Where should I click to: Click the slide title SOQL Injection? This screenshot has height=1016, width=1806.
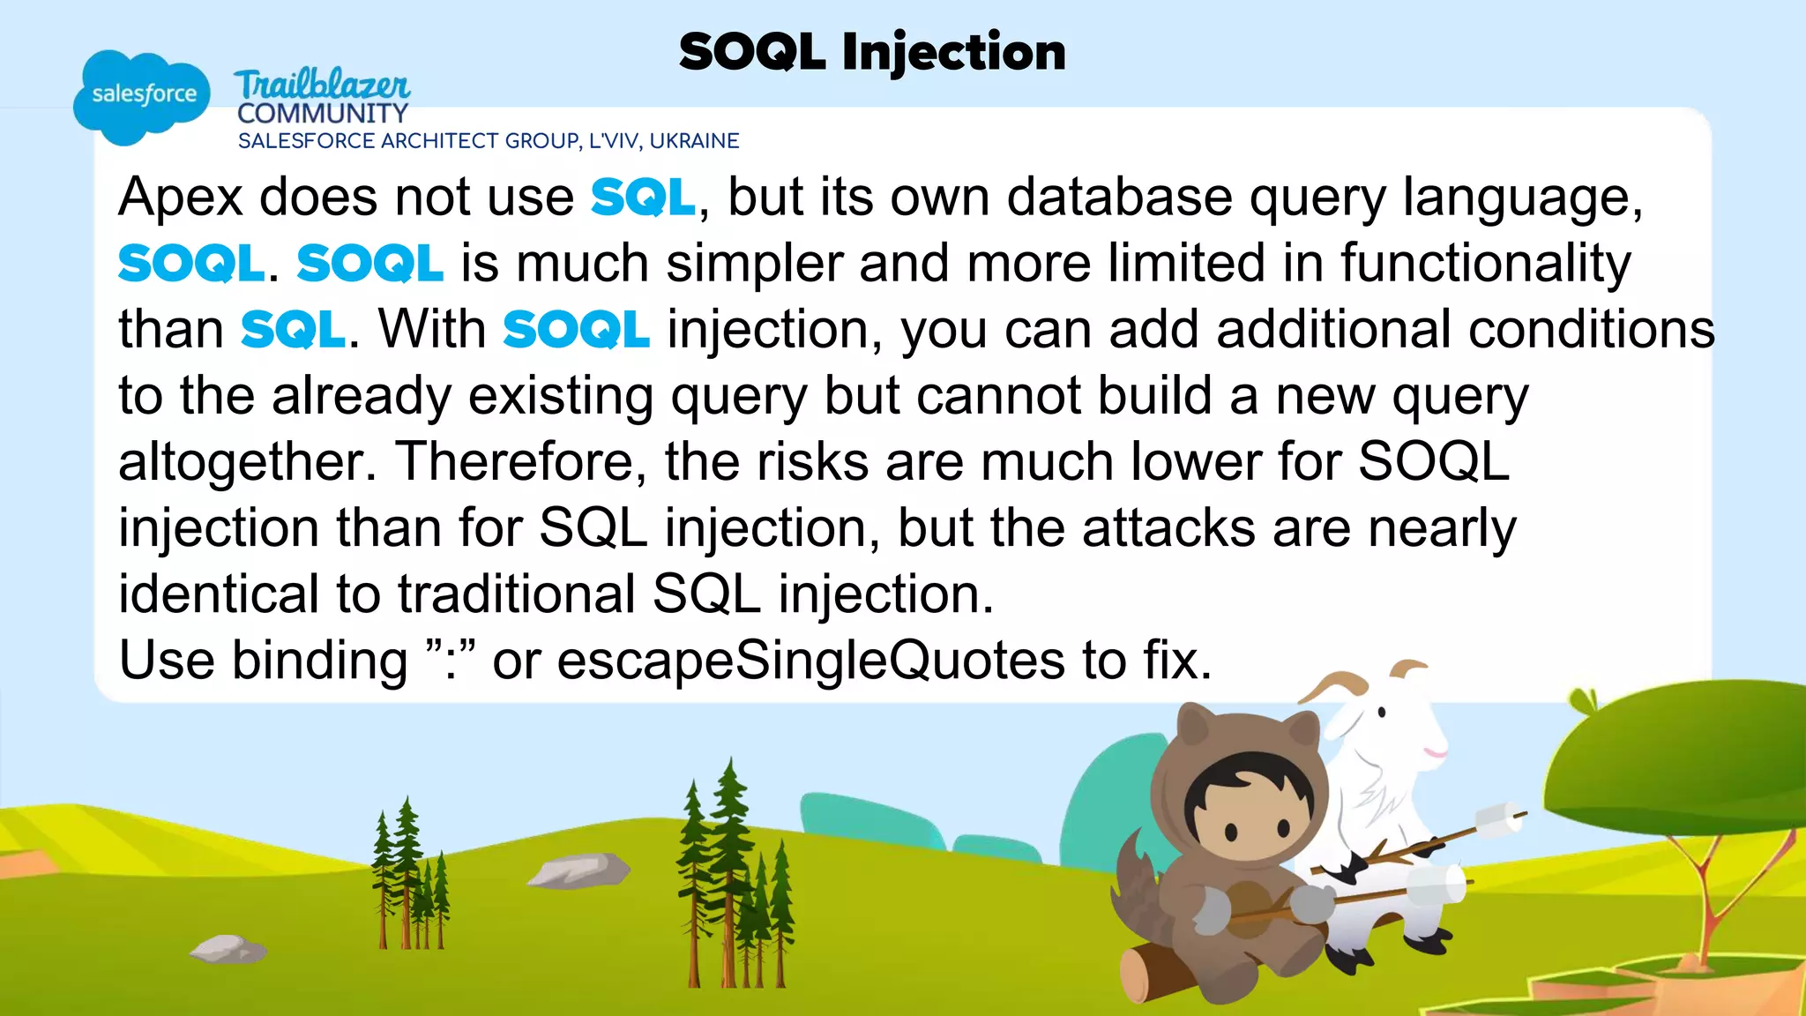coord(872,52)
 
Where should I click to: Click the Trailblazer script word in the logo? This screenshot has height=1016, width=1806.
coord(322,85)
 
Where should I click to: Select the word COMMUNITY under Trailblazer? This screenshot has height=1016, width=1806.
coord(323,114)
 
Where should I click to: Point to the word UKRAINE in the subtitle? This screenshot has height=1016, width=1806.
coord(694,141)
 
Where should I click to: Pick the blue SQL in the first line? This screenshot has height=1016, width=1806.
coord(643,197)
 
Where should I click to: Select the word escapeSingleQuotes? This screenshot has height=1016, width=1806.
coord(810,661)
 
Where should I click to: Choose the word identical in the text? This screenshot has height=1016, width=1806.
coord(218,594)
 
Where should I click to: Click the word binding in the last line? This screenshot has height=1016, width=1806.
coord(319,661)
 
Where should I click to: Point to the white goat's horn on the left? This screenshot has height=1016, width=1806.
coord(1332,683)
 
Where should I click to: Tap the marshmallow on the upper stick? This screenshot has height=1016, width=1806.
coord(1499,819)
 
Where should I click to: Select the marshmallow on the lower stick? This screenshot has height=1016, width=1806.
coord(1439,882)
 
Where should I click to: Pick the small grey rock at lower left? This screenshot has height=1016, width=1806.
coord(228,949)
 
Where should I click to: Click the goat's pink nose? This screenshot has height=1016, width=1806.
coord(1435,752)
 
